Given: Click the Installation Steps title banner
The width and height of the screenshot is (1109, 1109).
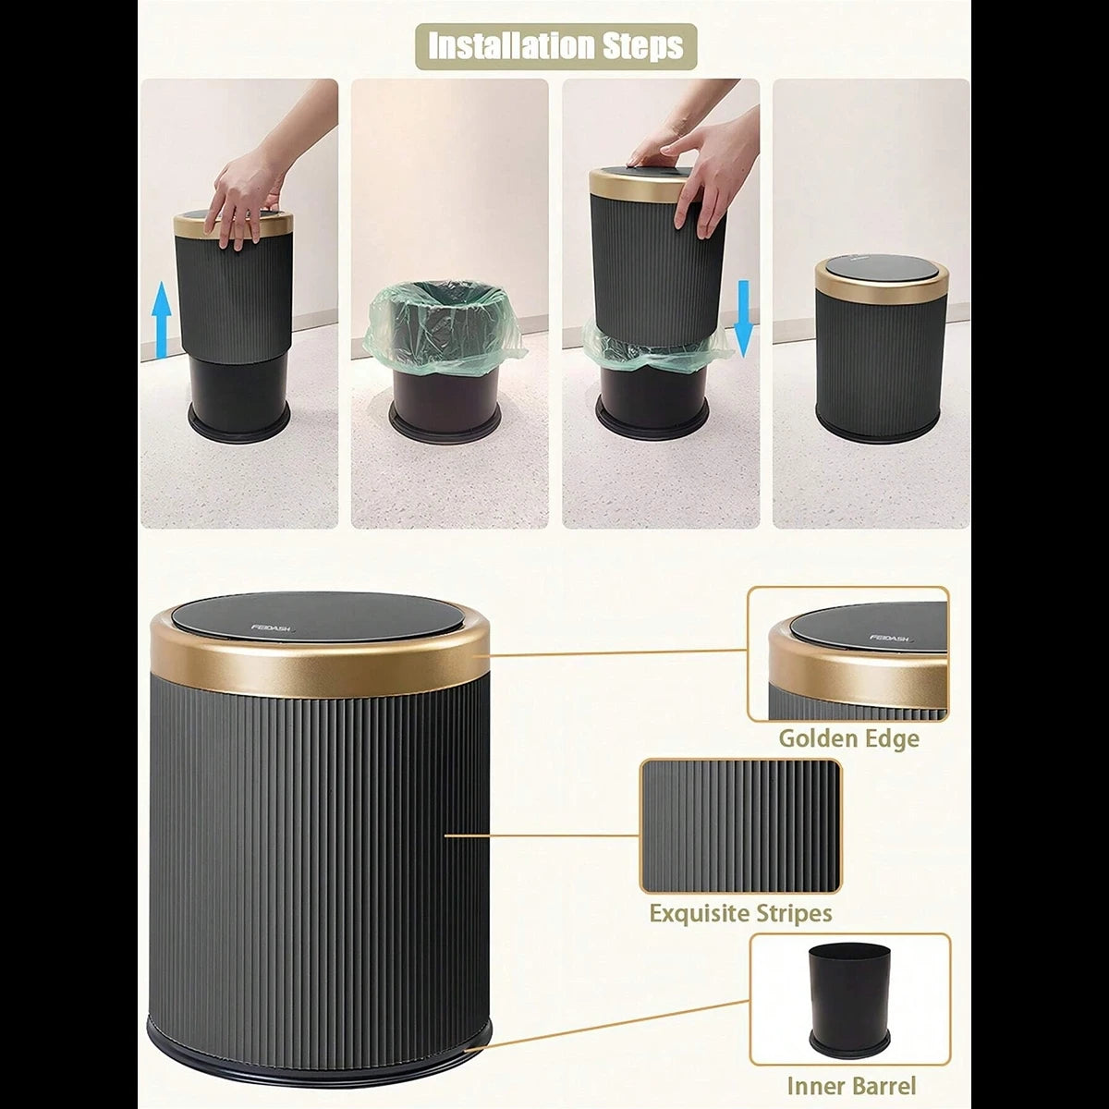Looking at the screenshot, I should coord(555,45).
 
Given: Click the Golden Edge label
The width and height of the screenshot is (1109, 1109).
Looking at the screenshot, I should coord(848,738).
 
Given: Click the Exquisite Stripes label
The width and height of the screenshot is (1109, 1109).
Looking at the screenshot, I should coord(740,913).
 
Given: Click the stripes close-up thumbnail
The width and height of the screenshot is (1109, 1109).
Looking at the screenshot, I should coord(740,826).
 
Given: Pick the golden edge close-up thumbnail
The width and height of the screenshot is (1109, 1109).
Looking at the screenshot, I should coord(848,653).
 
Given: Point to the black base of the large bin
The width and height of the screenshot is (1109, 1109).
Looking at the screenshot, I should coord(319,1044).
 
